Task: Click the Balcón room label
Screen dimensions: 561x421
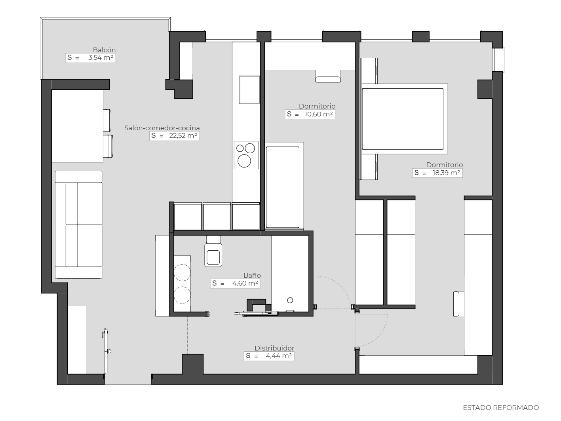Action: pyautogui.click(x=104, y=50)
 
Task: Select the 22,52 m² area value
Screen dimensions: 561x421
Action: pyautogui.click(x=183, y=136)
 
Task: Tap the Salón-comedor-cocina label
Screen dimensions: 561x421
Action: pyautogui.click(x=162, y=128)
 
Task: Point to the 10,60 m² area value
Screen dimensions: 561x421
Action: pyautogui.click(x=318, y=114)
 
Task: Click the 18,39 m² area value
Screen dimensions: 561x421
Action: pyautogui.click(x=446, y=173)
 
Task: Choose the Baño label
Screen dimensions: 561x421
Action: pyautogui.click(x=252, y=275)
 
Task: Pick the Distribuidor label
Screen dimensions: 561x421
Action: pyautogui.click(x=274, y=348)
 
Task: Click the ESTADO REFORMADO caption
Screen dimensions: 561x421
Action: pyautogui.click(x=501, y=408)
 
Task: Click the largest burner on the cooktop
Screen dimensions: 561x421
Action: pyautogui.click(x=244, y=161)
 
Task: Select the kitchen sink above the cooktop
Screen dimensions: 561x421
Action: pyautogui.click(x=249, y=90)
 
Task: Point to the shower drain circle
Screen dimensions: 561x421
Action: pyautogui.click(x=290, y=300)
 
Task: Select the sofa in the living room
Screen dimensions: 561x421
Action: pyautogui.click(x=79, y=225)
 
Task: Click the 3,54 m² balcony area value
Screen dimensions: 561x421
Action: pyautogui.click(x=101, y=58)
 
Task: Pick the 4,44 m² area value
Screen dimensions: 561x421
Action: pyautogui.click(x=279, y=356)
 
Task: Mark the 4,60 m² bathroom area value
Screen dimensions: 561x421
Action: pyautogui.click(x=245, y=283)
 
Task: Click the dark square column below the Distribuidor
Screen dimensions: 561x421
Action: pyautogui.click(x=193, y=364)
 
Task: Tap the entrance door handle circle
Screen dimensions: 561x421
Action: pyautogui.click(x=109, y=351)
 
